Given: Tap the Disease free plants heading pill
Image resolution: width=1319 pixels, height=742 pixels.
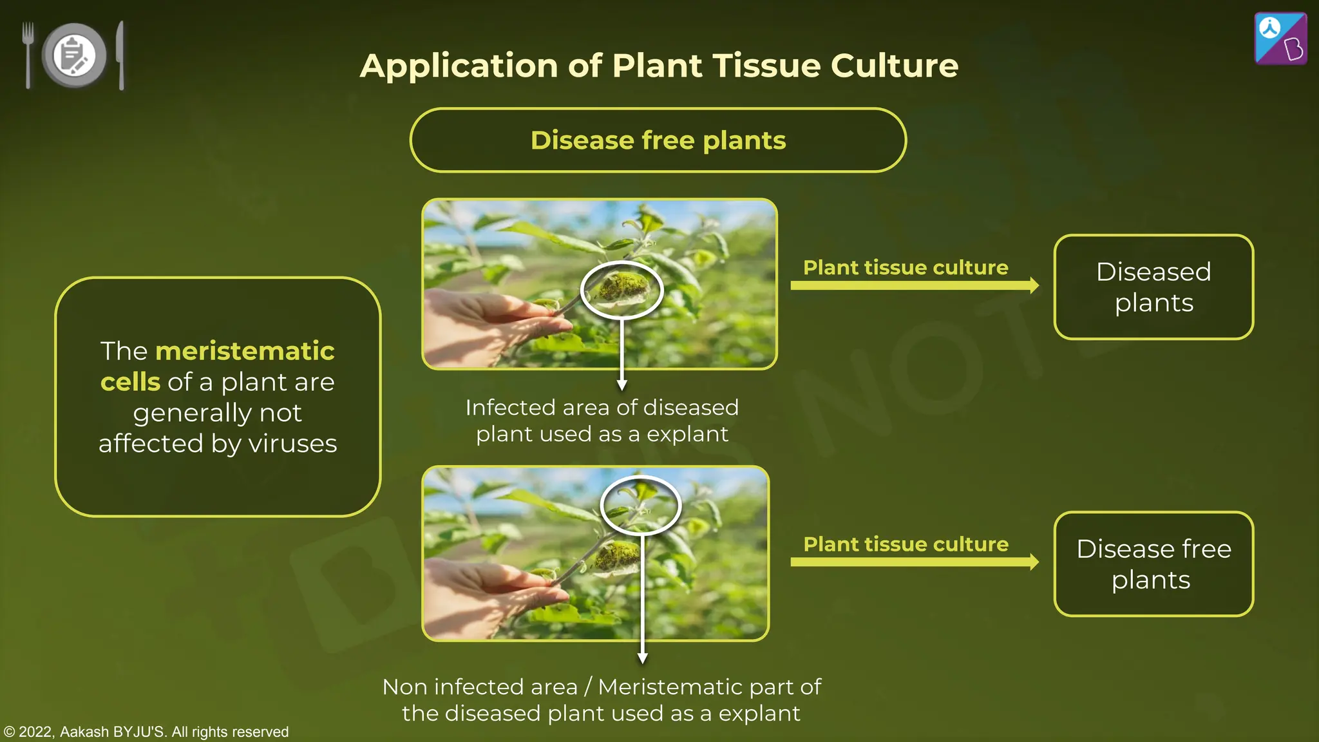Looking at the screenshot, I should [658, 140].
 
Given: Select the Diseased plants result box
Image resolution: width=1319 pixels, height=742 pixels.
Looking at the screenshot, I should [1153, 287].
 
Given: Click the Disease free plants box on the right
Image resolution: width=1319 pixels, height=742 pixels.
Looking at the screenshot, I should [1153, 564].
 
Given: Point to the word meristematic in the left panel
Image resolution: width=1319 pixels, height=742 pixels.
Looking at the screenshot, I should [245, 352].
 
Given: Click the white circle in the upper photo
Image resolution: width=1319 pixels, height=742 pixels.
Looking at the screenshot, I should [622, 290].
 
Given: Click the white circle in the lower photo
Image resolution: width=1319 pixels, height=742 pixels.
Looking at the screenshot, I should [640, 506].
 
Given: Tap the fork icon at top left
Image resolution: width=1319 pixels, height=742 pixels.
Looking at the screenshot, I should [28, 55].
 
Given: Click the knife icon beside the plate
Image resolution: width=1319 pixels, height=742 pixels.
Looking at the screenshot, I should [120, 55].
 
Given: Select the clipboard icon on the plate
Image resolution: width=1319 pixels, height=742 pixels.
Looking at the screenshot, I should [73, 55].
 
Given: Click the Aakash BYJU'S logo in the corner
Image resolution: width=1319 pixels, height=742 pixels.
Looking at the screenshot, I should [1280, 39].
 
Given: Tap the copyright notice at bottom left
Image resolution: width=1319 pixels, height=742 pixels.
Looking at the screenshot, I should [146, 732].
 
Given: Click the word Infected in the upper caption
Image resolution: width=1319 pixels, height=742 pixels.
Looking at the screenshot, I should [509, 408].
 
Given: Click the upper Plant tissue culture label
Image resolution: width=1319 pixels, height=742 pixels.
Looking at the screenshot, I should [906, 267].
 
